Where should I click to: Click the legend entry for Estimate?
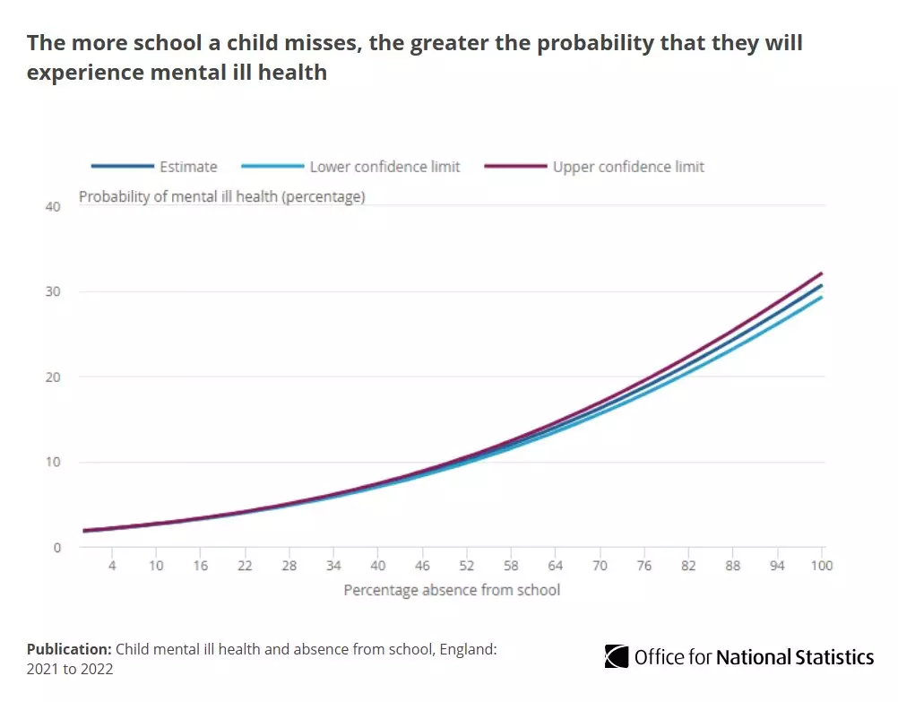(x=188, y=167)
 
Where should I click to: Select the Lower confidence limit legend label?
(x=384, y=167)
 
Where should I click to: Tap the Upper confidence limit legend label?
(x=628, y=167)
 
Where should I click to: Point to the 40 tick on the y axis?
(x=52, y=207)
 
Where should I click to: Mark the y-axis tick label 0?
(x=56, y=548)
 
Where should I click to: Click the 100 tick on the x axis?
(x=822, y=566)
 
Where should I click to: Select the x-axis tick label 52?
(x=467, y=566)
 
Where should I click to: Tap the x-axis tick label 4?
(x=112, y=566)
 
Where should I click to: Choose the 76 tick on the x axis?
(x=644, y=566)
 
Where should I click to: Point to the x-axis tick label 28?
(x=289, y=566)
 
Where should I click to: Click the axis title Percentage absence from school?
(x=452, y=590)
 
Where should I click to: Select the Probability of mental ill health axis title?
(x=222, y=197)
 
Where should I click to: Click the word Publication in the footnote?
(x=68, y=649)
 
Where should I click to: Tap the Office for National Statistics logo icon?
(x=617, y=657)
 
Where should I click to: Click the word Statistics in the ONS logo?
(x=837, y=657)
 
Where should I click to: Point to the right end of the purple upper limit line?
(x=822, y=273)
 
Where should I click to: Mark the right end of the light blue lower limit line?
(x=822, y=298)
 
